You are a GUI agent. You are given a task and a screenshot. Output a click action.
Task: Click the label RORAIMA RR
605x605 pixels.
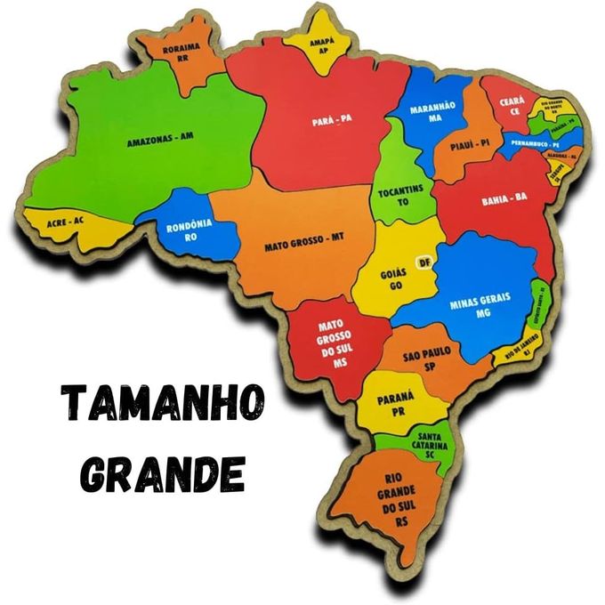pyautogui.click(x=183, y=52)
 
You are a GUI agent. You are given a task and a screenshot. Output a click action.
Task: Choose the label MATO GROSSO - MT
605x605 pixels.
pyautogui.click(x=303, y=239)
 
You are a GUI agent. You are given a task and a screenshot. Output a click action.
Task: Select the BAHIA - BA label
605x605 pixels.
pyautogui.click(x=504, y=198)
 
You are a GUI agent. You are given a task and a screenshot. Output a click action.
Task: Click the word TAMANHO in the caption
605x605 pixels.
pyautogui.click(x=163, y=404)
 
